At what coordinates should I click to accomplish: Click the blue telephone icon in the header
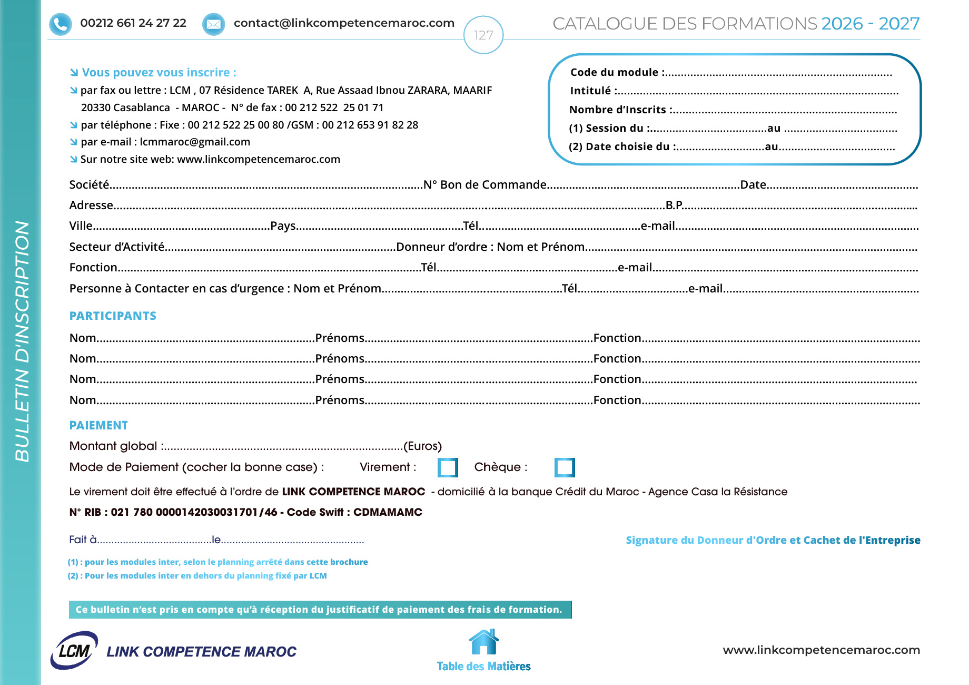point(61,24)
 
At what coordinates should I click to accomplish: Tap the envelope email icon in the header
point(213,24)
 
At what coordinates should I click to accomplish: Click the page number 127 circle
point(483,35)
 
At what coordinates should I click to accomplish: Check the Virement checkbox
point(448,467)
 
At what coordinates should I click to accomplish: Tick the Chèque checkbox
point(564,467)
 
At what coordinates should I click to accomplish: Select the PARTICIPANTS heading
point(113,316)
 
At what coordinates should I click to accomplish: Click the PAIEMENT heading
point(98,426)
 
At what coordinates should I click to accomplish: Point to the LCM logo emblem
point(74,651)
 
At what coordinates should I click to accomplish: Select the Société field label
point(89,185)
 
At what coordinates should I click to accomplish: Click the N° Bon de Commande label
point(485,185)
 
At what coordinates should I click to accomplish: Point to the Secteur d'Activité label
point(117,247)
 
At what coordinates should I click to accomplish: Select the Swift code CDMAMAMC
point(388,512)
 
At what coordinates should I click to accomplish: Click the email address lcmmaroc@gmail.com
point(195,142)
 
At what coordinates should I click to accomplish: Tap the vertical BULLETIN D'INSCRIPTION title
point(22,341)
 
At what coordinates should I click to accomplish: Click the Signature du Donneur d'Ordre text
point(773,540)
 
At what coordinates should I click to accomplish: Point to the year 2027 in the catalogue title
point(898,24)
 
